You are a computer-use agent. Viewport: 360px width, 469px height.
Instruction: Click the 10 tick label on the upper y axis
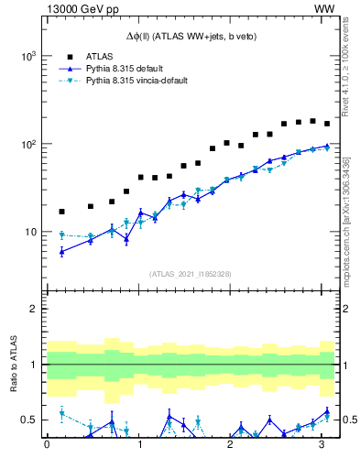pyautogui.click(x=31, y=232)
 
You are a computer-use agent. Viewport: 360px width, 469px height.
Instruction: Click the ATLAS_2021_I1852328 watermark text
pyautogui.click(x=190, y=274)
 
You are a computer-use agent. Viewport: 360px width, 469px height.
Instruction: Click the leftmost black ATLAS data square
pyautogui.click(x=61, y=212)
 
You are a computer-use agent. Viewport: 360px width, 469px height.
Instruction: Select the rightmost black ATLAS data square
pyautogui.click(x=327, y=124)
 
